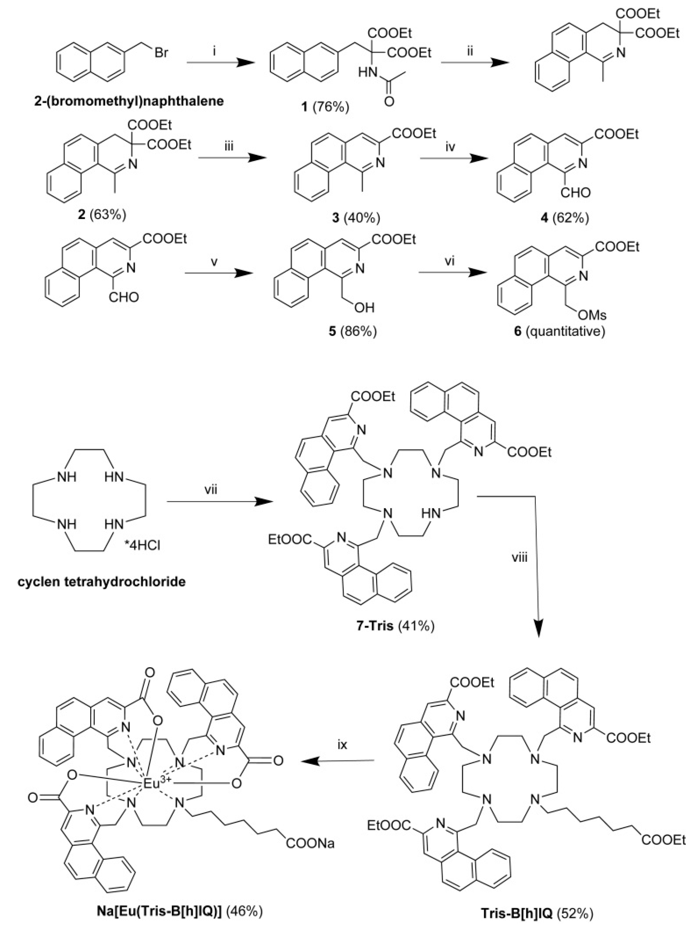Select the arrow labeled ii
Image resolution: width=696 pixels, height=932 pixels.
[474, 62]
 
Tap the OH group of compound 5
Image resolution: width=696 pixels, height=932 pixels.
[364, 307]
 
